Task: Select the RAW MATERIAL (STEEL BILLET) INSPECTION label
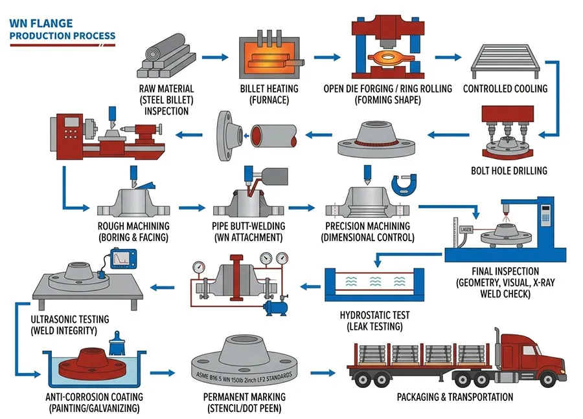click(166, 100)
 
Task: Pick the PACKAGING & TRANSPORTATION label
click(455, 397)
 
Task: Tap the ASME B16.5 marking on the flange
click(242, 373)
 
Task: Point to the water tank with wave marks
click(372, 284)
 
